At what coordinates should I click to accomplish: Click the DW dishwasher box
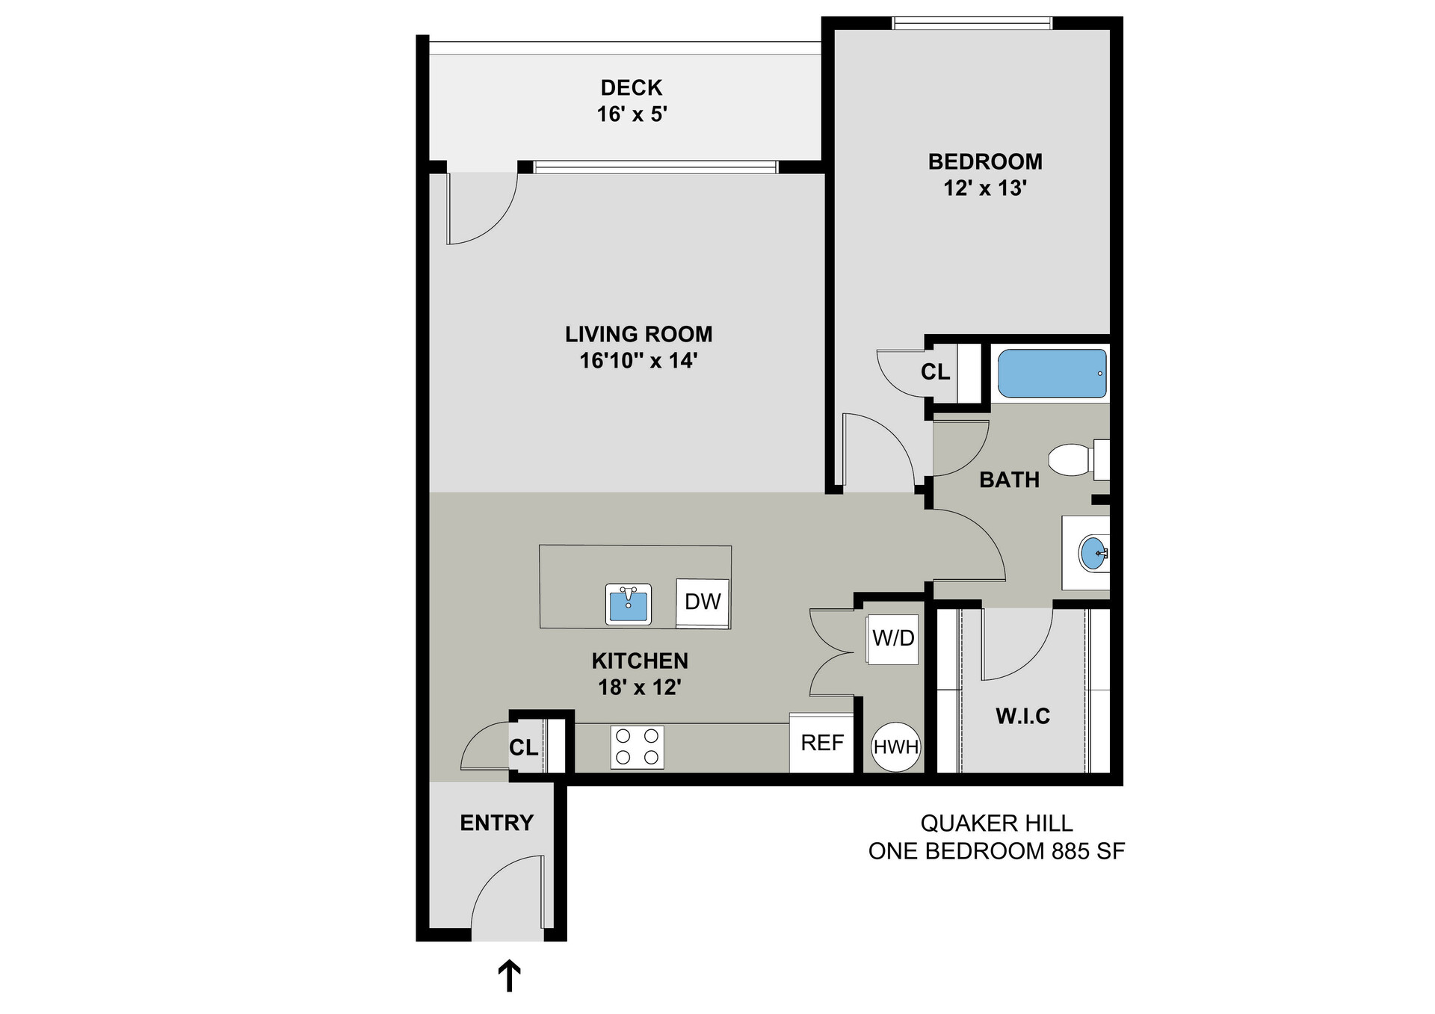click(x=703, y=602)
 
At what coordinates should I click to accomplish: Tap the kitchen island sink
click(x=629, y=605)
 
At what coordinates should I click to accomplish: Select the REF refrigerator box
click(x=821, y=743)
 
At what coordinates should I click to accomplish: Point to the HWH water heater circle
click(x=895, y=746)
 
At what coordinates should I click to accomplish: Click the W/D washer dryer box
click(x=893, y=638)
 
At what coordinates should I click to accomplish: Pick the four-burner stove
click(x=638, y=746)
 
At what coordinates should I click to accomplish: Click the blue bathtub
click(x=1052, y=374)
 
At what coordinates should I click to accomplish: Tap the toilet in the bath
click(x=1076, y=460)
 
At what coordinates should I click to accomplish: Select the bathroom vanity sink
click(x=1093, y=553)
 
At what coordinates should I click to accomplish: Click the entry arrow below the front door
click(x=509, y=977)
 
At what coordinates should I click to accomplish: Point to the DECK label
click(x=632, y=88)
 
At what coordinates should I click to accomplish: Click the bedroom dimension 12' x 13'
click(x=985, y=188)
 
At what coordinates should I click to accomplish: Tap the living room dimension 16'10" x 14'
click(x=638, y=361)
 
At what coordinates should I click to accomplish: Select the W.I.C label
click(x=1022, y=717)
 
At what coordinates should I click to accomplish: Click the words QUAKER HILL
click(x=996, y=823)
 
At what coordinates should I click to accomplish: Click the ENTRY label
click(x=496, y=823)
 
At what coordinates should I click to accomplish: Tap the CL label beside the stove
click(x=523, y=747)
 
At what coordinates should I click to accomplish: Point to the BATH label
click(x=1009, y=480)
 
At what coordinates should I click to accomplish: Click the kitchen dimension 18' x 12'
click(x=639, y=687)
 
